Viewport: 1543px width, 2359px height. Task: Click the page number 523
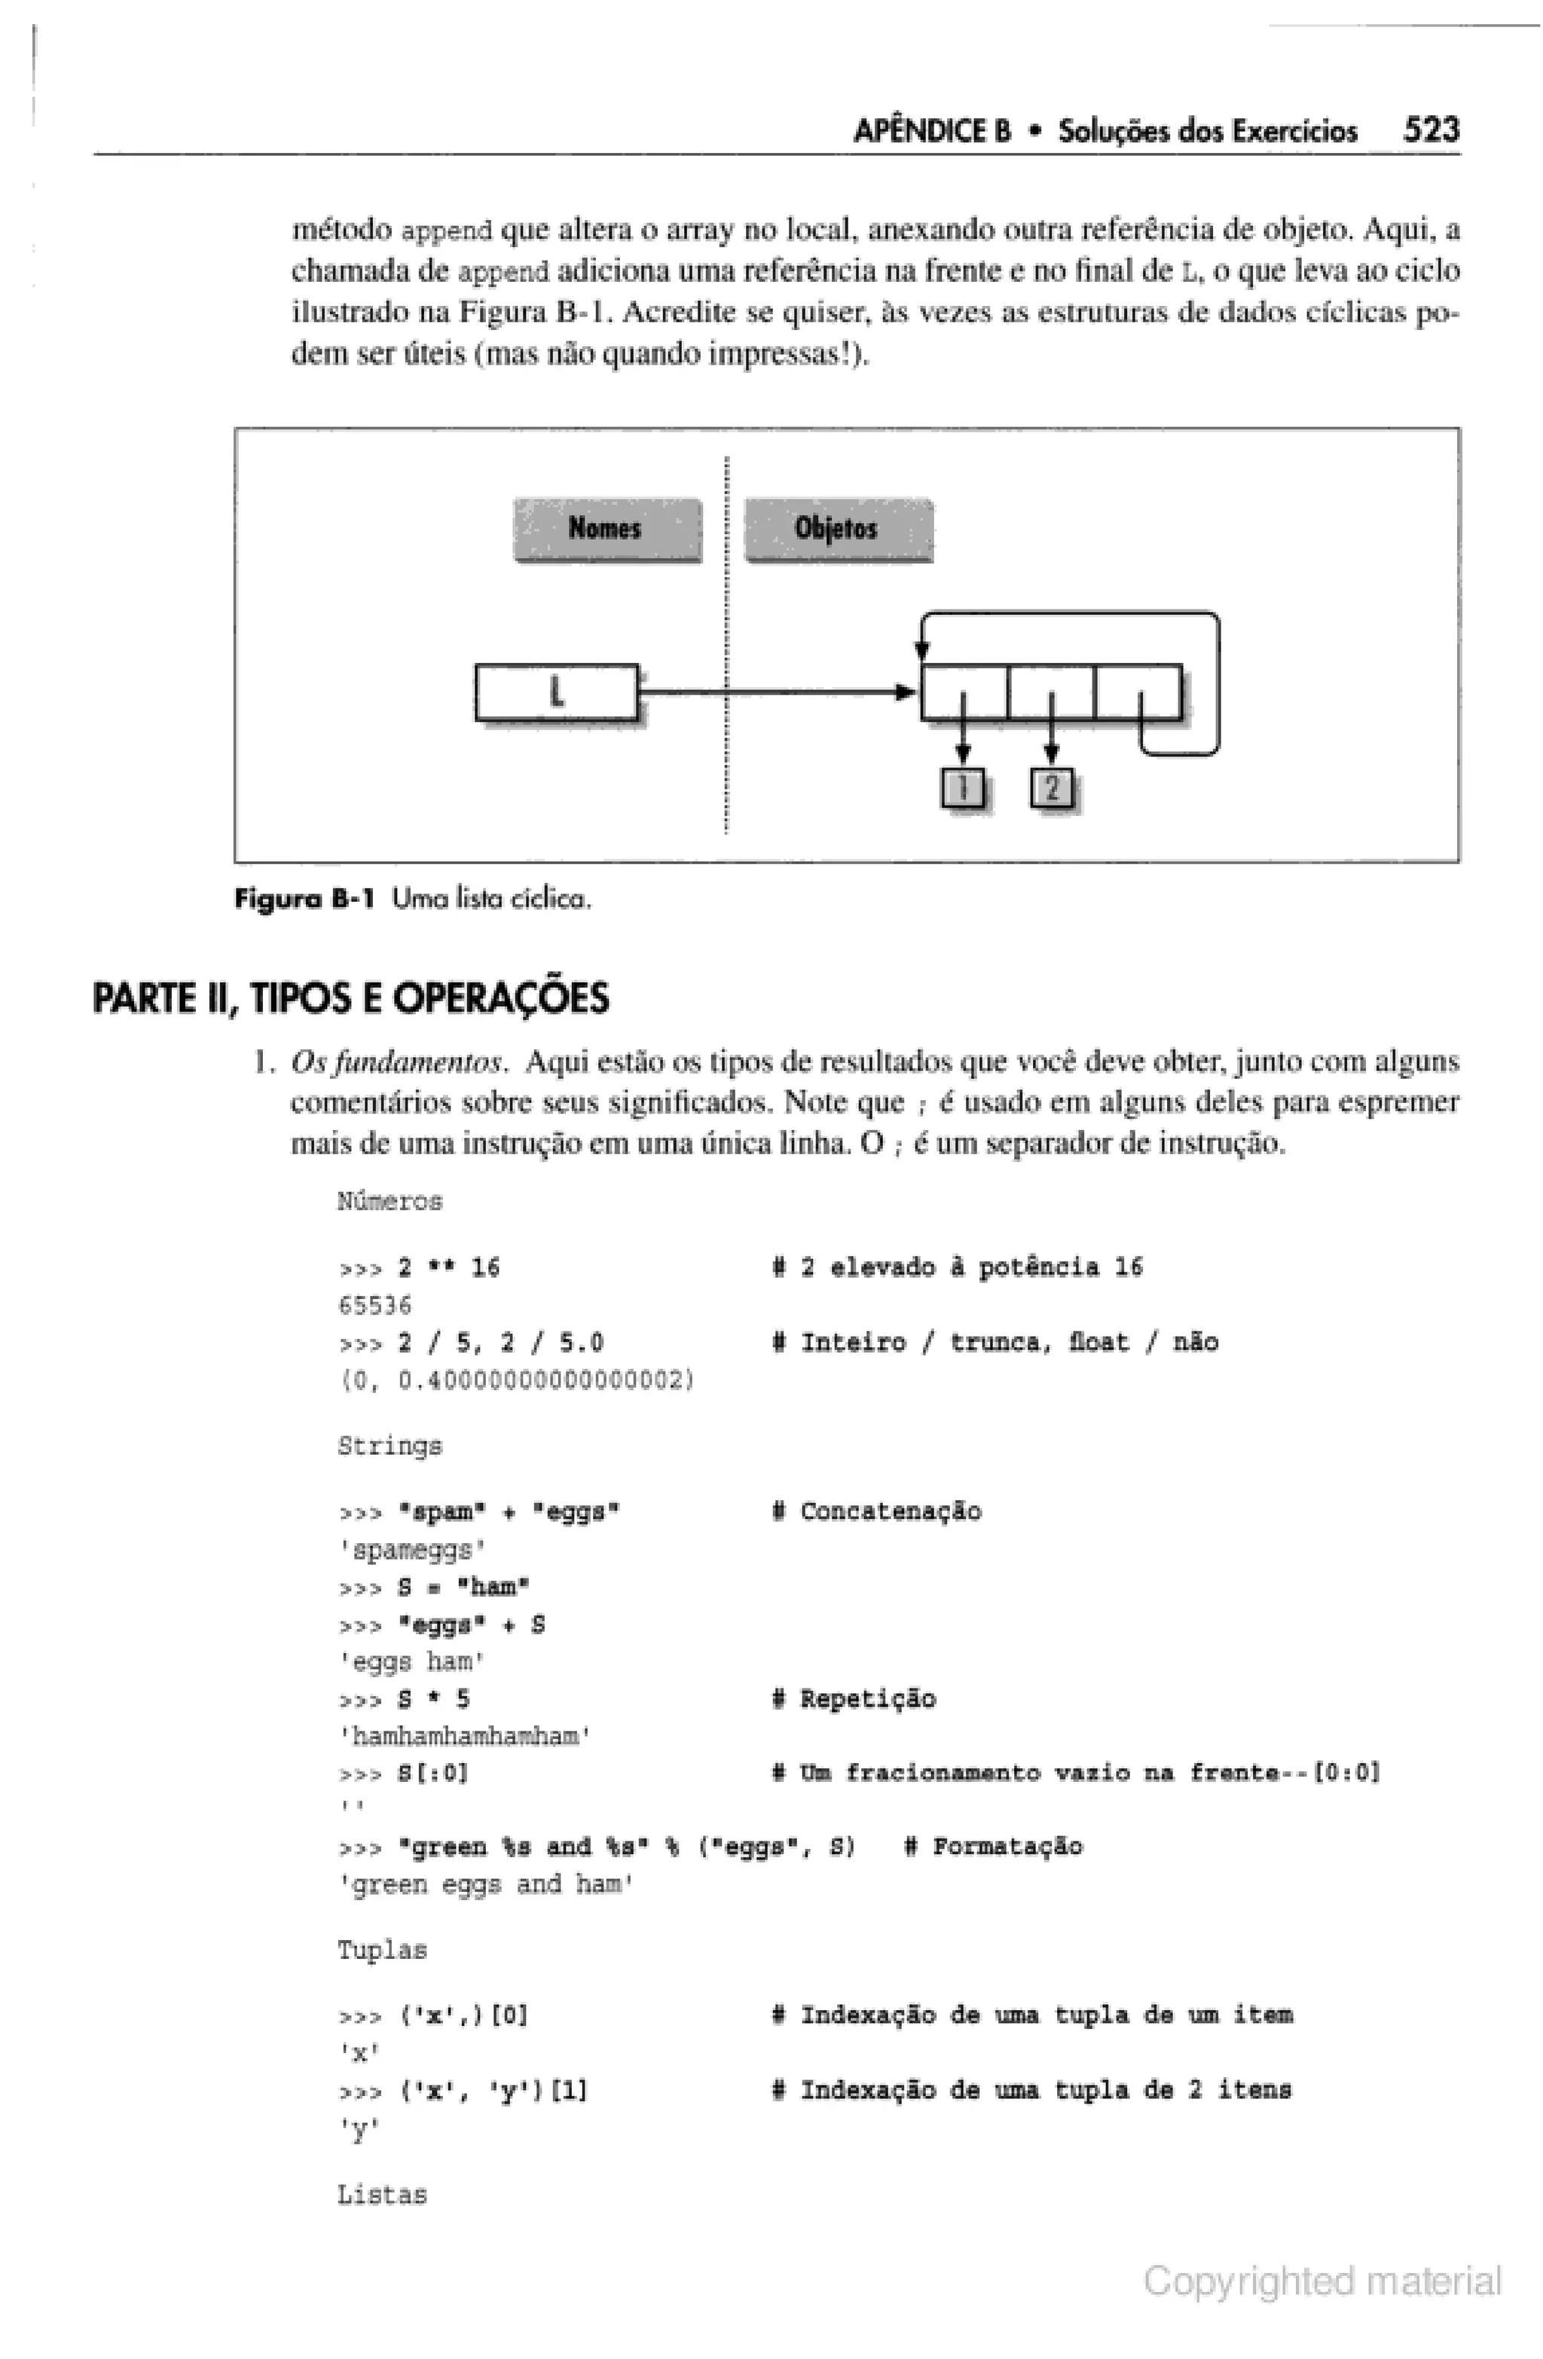point(1429,129)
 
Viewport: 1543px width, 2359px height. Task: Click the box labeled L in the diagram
point(556,691)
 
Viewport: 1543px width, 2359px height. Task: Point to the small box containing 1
point(962,787)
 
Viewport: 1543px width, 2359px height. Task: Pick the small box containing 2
point(1052,787)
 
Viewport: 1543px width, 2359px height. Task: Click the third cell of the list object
point(1137,691)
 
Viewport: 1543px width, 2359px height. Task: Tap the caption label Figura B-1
point(304,899)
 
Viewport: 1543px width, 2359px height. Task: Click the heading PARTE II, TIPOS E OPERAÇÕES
point(351,997)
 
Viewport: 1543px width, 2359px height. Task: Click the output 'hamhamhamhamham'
point(465,1736)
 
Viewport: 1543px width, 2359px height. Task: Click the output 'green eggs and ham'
point(486,1884)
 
